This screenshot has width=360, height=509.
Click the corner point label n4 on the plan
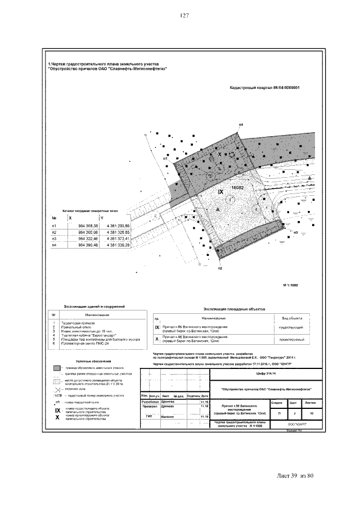point(241,123)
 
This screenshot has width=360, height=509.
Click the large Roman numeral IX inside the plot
point(221,192)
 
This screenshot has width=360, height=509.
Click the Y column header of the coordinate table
point(102,218)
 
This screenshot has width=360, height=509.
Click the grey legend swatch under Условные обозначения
point(57,367)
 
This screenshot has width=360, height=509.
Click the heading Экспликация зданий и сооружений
point(94,307)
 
